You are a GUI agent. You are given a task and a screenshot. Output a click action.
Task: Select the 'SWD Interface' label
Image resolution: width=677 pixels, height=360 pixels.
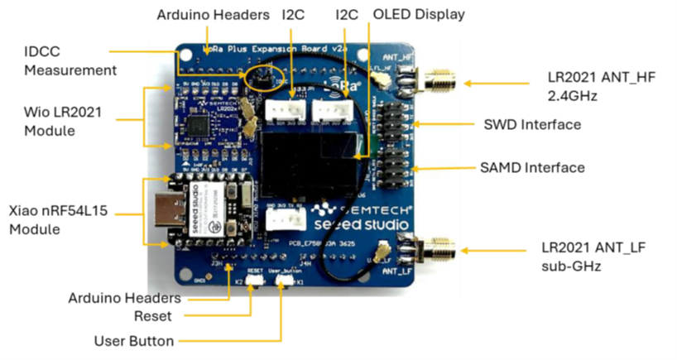(532, 125)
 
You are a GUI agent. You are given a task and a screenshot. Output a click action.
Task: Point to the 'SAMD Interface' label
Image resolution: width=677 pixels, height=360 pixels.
(533, 167)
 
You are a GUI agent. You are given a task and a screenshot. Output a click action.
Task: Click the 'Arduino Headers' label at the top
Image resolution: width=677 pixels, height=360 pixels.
(213, 14)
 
